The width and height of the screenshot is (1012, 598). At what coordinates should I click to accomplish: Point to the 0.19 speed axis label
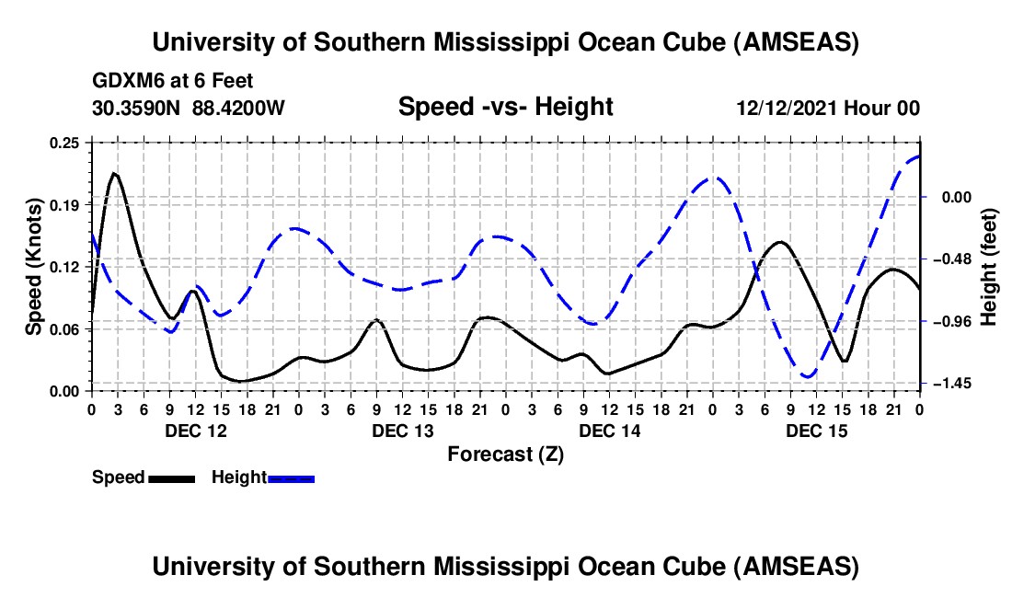(72, 203)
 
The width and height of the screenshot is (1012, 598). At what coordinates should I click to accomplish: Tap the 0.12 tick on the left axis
(72, 266)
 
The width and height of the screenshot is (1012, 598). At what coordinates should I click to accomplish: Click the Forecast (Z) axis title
(505, 454)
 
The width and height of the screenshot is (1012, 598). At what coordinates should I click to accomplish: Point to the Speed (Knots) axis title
(33, 266)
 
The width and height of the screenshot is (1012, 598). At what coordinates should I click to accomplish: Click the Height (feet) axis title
(989, 266)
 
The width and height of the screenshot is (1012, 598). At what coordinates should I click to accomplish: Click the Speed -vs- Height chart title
(505, 108)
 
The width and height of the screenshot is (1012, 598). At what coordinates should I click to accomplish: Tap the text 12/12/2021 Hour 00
(828, 109)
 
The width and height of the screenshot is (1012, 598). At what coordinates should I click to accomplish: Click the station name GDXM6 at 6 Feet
(173, 82)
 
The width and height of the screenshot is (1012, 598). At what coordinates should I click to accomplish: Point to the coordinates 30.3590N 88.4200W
(189, 109)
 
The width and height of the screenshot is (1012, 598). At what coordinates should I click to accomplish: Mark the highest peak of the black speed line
(114, 173)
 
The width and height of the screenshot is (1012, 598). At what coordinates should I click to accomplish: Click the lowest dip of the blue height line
(809, 376)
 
